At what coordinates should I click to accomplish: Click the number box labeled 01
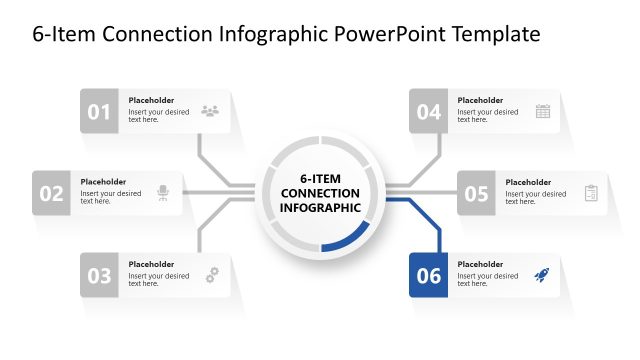point(99,112)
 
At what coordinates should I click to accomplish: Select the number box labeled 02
point(51,194)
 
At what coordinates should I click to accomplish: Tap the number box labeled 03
point(99,276)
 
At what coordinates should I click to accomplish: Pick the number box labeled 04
point(428,112)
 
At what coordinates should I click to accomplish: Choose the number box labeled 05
point(476,194)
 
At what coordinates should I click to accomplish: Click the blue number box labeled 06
point(428,276)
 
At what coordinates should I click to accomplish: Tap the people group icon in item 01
point(210,111)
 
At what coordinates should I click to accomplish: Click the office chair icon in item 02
point(163,193)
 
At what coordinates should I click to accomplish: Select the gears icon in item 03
point(211,274)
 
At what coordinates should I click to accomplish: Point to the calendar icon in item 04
point(543,111)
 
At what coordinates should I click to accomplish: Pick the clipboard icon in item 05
point(590,193)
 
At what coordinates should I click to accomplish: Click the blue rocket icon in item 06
point(541,274)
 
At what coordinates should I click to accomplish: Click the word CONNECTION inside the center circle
point(320,192)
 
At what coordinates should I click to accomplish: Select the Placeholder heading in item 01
point(151,100)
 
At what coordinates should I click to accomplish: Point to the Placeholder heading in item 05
point(528,182)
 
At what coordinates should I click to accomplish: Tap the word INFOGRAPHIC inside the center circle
point(320,208)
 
